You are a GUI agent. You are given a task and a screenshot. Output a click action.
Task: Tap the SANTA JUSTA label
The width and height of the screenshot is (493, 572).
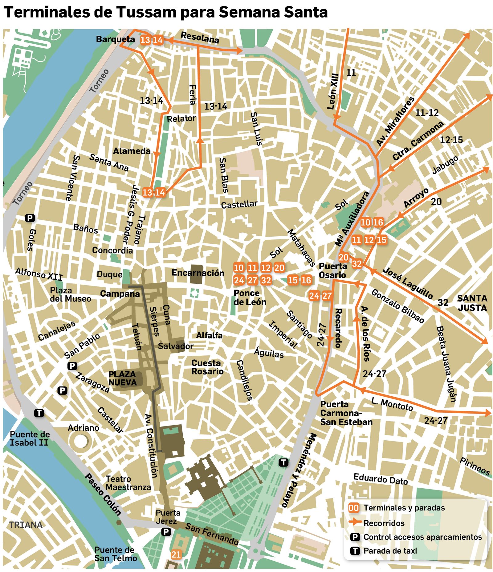pos(472,303)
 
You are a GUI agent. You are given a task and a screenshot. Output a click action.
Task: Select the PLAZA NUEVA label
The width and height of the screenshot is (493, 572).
pos(122,378)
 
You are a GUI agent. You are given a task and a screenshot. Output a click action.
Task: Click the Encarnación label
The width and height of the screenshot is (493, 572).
pos(198,273)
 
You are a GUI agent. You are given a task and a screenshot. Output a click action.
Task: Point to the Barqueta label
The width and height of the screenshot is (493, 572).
pos(115,39)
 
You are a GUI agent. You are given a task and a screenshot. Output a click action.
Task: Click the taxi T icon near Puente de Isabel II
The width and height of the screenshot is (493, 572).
pos(39,413)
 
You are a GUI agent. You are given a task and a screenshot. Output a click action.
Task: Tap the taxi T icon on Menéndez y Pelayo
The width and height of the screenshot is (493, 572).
pos(283,462)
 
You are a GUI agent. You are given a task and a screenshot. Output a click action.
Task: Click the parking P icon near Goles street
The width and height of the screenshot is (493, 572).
pos(30,218)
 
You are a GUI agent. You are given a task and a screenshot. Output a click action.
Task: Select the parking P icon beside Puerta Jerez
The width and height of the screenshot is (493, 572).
pos(166,531)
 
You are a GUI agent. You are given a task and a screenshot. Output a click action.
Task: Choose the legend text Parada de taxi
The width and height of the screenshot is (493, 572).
pos(390,550)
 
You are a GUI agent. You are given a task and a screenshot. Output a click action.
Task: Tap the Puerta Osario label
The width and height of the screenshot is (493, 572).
pos(333,270)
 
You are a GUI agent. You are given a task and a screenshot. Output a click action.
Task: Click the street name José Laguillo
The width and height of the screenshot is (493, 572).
pos(407,283)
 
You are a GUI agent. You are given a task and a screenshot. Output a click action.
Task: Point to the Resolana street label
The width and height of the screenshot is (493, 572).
pos(200,38)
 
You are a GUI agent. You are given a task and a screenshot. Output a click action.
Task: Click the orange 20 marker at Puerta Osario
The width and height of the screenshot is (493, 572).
pos(344,257)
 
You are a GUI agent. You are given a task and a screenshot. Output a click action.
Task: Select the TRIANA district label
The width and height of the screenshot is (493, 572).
pos(26,525)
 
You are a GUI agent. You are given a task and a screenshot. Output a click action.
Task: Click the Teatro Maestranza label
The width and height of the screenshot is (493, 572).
pos(128,483)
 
